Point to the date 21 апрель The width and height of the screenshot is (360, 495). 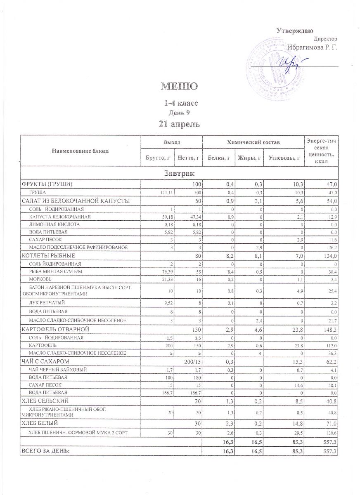coord(179,123)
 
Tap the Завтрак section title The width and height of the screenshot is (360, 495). coord(179,172)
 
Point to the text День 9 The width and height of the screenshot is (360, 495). coord(179,112)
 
